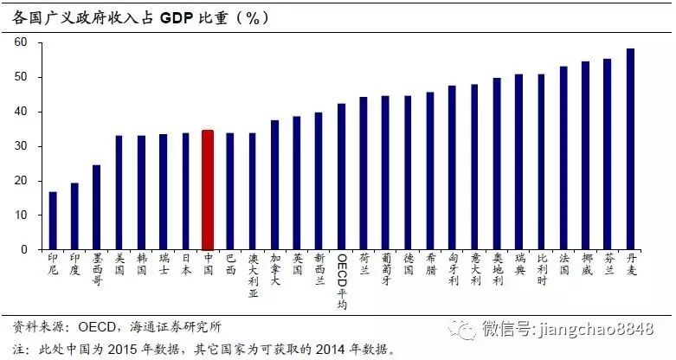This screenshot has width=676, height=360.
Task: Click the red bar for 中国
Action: point(207,190)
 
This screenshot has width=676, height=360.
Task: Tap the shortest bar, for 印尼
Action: point(53,221)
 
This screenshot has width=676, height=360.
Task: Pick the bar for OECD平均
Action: point(341,177)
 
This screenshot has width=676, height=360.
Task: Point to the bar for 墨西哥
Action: point(97,207)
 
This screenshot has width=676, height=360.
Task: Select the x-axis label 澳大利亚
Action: point(252,274)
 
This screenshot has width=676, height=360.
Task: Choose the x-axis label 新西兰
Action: point(319,269)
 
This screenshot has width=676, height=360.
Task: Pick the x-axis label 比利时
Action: point(542,269)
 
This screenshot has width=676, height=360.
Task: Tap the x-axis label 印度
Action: point(74,264)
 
